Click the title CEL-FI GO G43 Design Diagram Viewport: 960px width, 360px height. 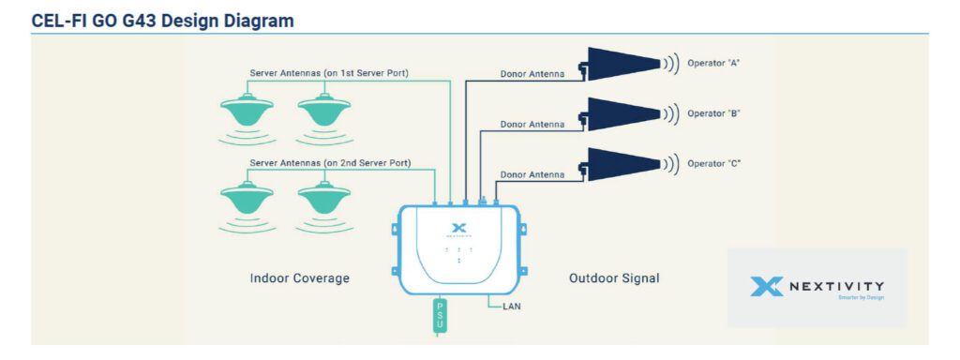point(162,21)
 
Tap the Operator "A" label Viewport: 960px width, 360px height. point(715,63)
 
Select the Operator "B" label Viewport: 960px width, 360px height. point(715,112)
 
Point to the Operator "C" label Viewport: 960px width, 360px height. point(715,163)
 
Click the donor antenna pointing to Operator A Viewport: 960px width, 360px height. point(624,64)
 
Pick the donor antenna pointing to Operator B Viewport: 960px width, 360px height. point(624,113)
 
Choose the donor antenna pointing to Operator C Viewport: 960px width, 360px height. point(624,164)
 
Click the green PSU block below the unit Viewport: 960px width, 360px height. point(442,315)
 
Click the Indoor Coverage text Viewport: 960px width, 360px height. point(299,278)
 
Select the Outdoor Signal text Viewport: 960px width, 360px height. point(614,278)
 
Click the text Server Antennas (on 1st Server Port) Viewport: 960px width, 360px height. point(329,72)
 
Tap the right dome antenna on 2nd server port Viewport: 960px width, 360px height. point(324,202)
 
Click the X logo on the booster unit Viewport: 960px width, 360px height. point(458,228)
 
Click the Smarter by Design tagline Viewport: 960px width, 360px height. point(860,298)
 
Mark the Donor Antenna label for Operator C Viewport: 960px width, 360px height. point(532,174)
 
